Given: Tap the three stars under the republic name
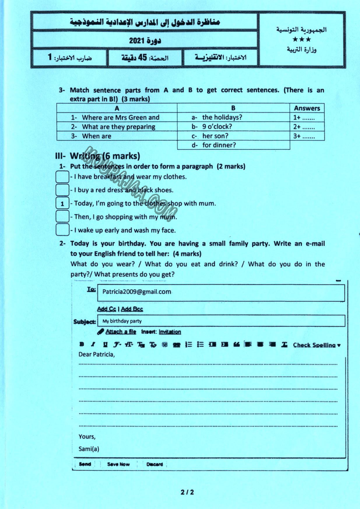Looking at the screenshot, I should pyautogui.click(x=302, y=40).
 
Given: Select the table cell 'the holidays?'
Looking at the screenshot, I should pyautogui.click(x=222, y=118).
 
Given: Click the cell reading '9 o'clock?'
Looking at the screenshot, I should pyautogui.click(x=217, y=127).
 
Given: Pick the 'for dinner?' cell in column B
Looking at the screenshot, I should pyautogui.click(x=219, y=145).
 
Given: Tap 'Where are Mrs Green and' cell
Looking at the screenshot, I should pyautogui.click(x=121, y=118).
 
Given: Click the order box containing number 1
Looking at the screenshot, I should pyautogui.click(x=63, y=203).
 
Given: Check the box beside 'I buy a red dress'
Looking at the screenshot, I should pyautogui.click(x=63, y=190).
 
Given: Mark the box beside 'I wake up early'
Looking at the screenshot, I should pyautogui.click(x=63, y=230).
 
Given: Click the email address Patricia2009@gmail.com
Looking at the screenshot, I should pyautogui.click(x=137, y=292).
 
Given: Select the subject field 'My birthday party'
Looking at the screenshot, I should pyautogui.click(x=122, y=321).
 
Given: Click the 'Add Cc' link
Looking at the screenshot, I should pyautogui.click(x=107, y=309).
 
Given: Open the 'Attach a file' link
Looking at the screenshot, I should pyautogui.click(x=121, y=332).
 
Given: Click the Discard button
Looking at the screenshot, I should pyautogui.click(x=155, y=464).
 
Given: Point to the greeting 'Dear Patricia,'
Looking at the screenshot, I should pyautogui.click(x=97, y=354).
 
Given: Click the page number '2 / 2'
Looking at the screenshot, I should pyautogui.click(x=187, y=492).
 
